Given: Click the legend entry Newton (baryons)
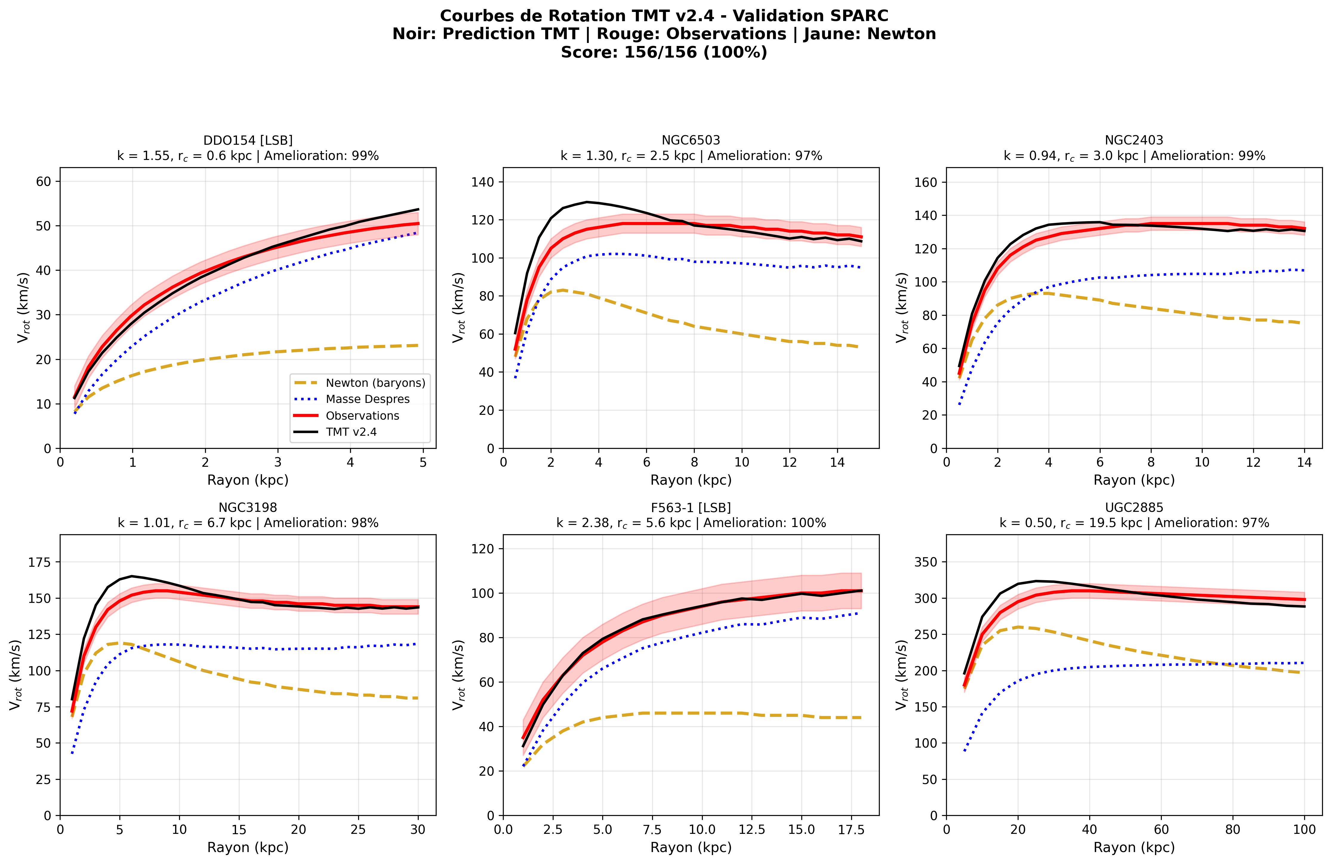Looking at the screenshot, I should pos(375,383).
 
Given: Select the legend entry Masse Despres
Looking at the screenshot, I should pos(367,399).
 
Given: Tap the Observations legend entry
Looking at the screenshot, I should pos(362,415).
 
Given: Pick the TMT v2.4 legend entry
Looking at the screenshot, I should pos(351,432).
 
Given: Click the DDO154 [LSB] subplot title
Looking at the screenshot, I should pos(248,140).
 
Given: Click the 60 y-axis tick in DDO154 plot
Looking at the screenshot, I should pos(44,181).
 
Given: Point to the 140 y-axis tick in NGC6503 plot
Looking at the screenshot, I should pos(483,182).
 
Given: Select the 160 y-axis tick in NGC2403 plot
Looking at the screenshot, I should pos(926,182).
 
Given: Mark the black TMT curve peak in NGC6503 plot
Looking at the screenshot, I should pos(587,202).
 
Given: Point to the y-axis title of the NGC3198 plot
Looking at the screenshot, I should pos(15,675).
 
